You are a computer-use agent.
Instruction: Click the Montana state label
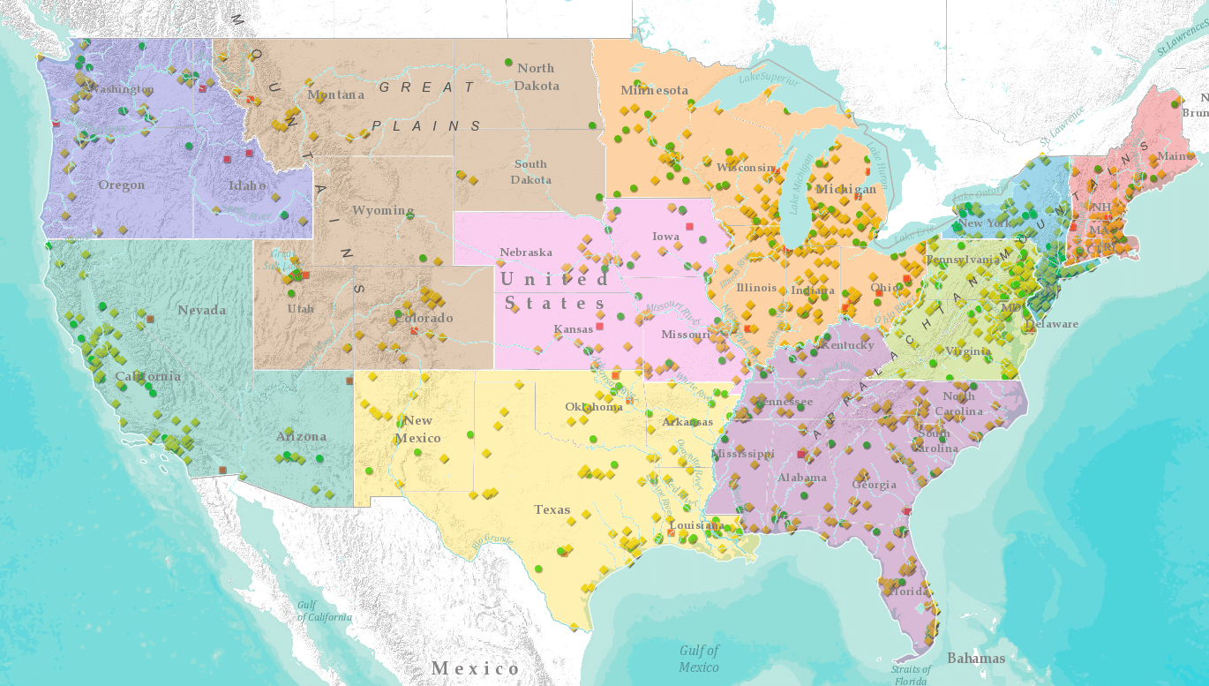[335, 94]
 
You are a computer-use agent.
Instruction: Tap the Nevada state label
[201, 310]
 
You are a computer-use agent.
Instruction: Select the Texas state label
[552, 509]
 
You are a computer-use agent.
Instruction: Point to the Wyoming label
[383, 210]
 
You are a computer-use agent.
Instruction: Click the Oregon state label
[121, 185]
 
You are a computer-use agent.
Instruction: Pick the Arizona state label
[301, 436]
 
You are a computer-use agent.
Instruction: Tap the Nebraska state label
[526, 253]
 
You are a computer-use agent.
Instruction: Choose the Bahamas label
[976, 658]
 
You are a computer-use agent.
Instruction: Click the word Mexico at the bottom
[476, 668]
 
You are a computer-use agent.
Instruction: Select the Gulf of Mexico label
[699, 659]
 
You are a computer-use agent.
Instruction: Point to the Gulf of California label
[324, 611]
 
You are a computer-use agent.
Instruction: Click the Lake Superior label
[768, 79]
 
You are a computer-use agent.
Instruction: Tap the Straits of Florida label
[910, 675]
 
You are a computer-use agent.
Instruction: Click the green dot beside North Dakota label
[508, 62]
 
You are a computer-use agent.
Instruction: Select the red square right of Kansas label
[599, 327]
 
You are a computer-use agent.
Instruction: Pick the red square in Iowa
[689, 227]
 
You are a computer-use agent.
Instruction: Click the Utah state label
[300, 309]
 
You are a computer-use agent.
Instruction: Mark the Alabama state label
[802, 478]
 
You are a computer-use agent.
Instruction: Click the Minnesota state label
[654, 90]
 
